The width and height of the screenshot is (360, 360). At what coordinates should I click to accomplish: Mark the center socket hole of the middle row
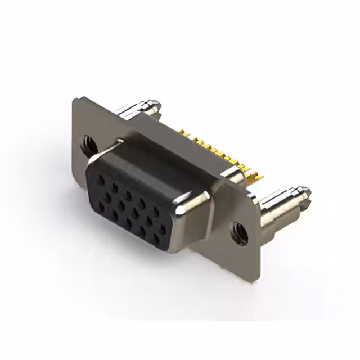click(134, 211)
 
